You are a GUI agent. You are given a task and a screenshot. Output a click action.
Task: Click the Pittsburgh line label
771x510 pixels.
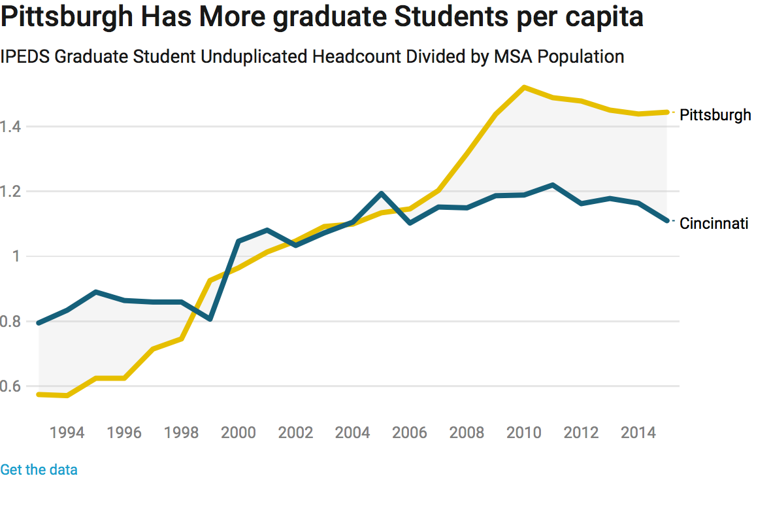coord(715,115)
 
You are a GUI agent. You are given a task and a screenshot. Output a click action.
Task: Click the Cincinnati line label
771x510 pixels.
coord(714,224)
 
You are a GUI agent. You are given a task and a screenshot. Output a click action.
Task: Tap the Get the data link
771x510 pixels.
coord(39,469)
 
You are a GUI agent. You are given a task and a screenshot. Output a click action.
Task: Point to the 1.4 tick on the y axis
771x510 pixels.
coord(11,126)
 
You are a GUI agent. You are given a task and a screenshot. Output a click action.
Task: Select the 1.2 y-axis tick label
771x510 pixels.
coord(11,192)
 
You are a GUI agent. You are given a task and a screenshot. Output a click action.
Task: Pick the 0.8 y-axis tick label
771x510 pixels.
coord(11,322)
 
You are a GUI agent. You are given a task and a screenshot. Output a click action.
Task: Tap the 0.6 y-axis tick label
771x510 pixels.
coord(11,386)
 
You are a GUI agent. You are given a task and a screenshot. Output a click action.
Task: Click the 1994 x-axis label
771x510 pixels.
coord(67,433)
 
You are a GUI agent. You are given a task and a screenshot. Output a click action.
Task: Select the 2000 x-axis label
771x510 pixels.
coord(238,433)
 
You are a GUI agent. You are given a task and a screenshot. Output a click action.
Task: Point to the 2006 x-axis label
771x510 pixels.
coord(410,433)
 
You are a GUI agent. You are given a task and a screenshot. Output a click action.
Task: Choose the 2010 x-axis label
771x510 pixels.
coord(524,433)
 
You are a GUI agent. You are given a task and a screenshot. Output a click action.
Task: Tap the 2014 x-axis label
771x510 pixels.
coord(638,433)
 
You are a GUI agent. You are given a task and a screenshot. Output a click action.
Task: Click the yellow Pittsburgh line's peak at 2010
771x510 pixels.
coord(524,87)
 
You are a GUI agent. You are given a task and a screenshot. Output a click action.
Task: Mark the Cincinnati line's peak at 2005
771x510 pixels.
coord(381,194)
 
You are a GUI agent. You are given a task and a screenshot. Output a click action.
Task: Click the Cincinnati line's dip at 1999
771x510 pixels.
coord(210,318)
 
